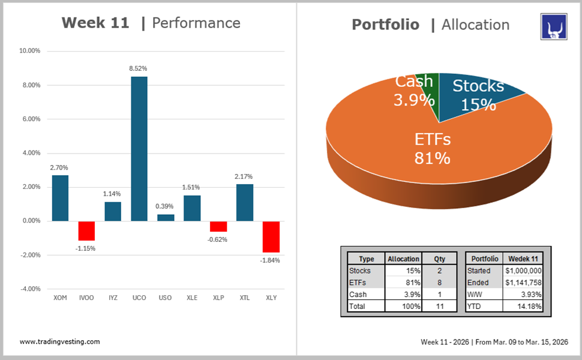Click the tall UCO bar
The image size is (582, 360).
(x=139, y=148)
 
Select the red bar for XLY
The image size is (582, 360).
(x=271, y=236)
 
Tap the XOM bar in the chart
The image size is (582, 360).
(x=60, y=197)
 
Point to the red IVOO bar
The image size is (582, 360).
(x=86, y=230)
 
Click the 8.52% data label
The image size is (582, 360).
(x=139, y=69)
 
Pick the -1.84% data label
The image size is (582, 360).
(x=270, y=260)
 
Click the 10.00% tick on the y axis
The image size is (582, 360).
(x=29, y=51)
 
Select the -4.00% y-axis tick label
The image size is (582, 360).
(x=29, y=289)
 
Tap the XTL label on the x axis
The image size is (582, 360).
(x=244, y=298)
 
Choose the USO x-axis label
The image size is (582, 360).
(x=165, y=298)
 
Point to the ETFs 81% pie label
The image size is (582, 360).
(x=432, y=149)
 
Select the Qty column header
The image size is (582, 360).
(x=440, y=259)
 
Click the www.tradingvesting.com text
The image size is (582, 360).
(x=60, y=341)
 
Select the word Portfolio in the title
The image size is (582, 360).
(x=385, y=25)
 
